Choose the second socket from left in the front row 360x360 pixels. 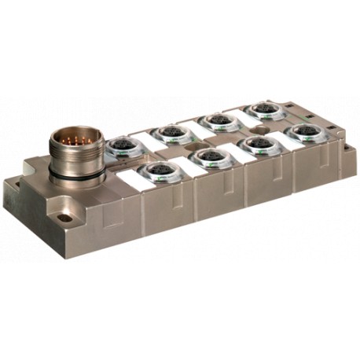click(x=210, y=156)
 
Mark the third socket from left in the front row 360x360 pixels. click(x=256, y=143)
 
